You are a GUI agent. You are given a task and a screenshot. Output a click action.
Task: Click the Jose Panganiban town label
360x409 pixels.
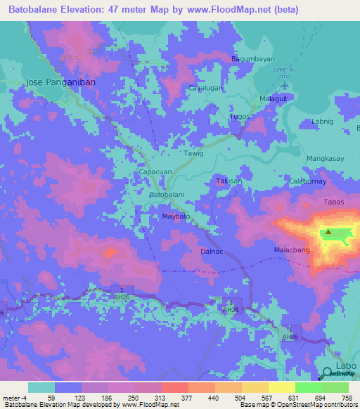pyautogui.click(x=60, y=82)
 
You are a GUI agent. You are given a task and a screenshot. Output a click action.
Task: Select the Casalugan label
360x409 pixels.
pyautogui.click(x=206, y=88)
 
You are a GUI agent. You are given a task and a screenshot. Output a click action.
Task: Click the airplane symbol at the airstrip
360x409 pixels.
pyautogui.click(x=285, y=85)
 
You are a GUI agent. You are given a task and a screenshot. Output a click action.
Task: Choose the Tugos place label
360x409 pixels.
pyautogui.click(x=240, y=116)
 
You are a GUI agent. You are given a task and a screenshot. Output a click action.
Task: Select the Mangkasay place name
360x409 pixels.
pyautogui.click(x=326, y=159)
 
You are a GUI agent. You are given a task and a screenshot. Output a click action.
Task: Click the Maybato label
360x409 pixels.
pyautogui.click(x=176, y=216)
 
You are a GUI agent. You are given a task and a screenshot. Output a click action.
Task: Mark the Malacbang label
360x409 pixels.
pyautogui.click(x=291, y=249)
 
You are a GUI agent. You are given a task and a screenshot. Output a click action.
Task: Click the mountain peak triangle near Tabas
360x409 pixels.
pyautogui.click(x=328, y=232)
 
